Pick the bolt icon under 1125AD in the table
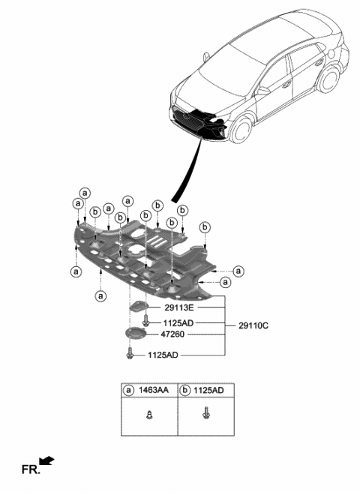pos(205,412)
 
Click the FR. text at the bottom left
pos(31,470)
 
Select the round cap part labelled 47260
pos(134,334)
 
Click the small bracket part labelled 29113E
pos(139,305)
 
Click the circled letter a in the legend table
pos(129,389)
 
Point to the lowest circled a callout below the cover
pos(100,295)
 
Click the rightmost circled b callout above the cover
pos(205,226)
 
